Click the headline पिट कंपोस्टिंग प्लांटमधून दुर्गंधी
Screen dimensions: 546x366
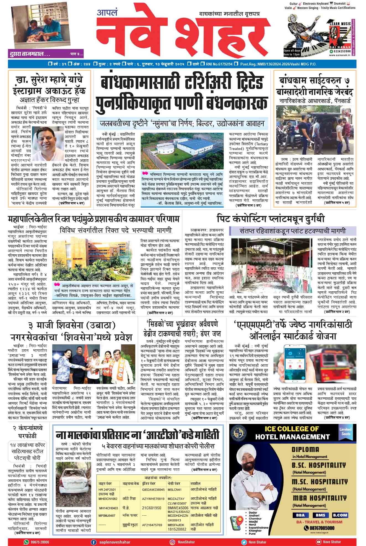tap(271, 219)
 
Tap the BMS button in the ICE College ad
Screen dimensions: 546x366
tap(319, 515)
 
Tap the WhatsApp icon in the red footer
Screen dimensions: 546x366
tap(26, 542)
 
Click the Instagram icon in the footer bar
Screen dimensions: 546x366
tap(172, 542)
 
